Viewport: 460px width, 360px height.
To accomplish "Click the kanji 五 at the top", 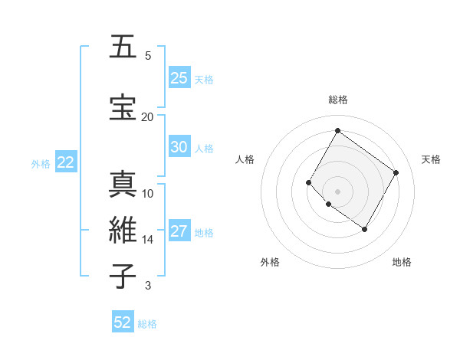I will (123, 47).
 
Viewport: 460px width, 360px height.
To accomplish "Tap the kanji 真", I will (123, 185).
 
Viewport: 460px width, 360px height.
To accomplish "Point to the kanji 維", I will (123, 231).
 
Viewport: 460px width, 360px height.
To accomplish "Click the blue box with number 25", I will (179, 77).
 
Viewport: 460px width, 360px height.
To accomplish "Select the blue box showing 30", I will (179, 147).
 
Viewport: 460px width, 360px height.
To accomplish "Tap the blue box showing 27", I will (179, 231).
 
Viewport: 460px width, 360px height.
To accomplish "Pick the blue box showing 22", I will (65, 162).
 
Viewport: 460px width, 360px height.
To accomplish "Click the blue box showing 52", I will (123, 322).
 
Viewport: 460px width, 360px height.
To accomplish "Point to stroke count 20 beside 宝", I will (147, 116).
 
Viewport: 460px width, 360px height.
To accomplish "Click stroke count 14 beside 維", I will (147, 240).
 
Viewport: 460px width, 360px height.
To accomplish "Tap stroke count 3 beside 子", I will (147, 286).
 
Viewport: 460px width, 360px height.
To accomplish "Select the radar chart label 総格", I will (338, 100).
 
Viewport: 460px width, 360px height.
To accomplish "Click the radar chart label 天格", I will (431, 159).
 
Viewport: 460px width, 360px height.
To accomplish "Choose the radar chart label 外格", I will (270, 263).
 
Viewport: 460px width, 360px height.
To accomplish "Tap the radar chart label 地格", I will (402, 263).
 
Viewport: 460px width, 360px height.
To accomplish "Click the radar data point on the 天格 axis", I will (396, 172).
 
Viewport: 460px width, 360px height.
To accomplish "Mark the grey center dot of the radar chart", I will (337, 191).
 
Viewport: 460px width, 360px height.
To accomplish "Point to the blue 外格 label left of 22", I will (41, 163).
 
